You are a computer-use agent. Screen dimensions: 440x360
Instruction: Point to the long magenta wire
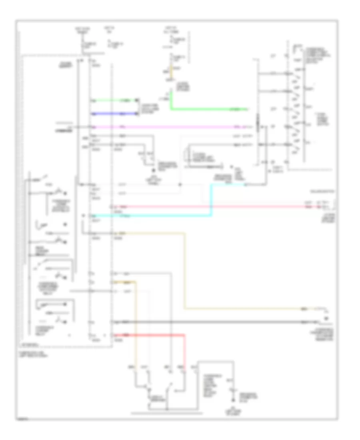click(x=168, y=127)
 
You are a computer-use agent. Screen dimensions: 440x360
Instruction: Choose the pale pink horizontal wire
click(x=208, y=207)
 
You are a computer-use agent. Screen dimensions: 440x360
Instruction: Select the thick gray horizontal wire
click(x=208, y=322)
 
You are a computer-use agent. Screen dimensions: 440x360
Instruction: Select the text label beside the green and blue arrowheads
click(x=148, y=107)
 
